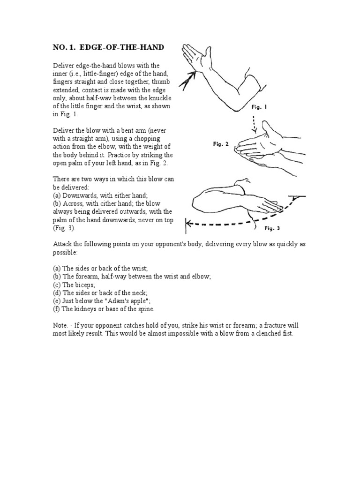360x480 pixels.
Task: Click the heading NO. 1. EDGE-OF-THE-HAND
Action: coord(108,48)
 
